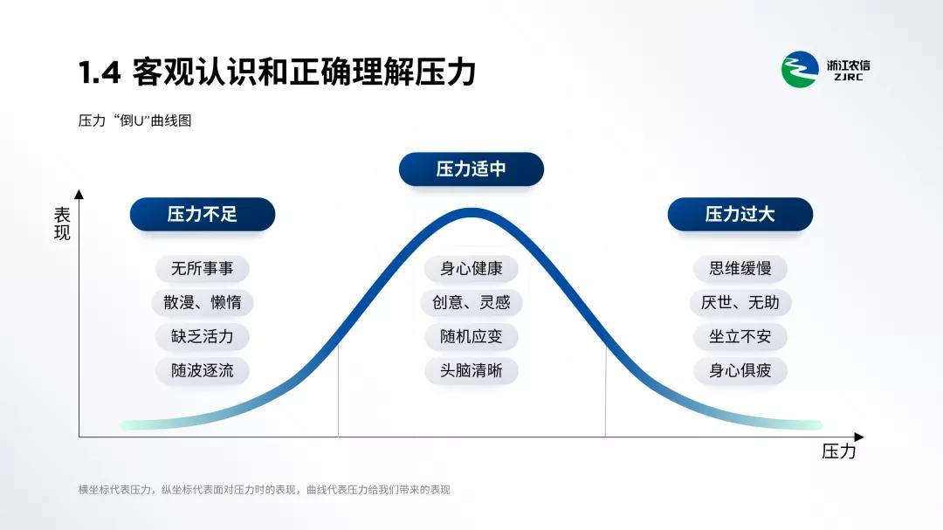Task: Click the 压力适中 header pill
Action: click(471, 169)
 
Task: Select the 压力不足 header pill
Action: click(202, 214)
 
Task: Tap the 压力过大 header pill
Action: click(740, 214)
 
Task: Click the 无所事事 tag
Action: click(202, 268)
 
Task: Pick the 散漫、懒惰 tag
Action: click(202, 302)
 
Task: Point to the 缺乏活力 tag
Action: click(202, 336)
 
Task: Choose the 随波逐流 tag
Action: click(202, 370)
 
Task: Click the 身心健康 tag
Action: click(471, 268)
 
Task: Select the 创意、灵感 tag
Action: click(471, 302)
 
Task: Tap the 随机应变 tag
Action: click(471, 336)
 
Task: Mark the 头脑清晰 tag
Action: click(471, 370)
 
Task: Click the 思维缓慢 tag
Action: click(740, 268)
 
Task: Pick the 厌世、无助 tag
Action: click(740, 302)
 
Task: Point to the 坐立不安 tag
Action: click(740, 336)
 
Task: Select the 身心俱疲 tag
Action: click(740, 370)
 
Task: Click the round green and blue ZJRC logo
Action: click(800, 69)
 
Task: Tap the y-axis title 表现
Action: click(62, 224)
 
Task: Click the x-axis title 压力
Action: click(838, 451)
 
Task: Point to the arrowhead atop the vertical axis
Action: click(79, 194)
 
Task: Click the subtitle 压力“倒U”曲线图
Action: click(134, 120)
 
